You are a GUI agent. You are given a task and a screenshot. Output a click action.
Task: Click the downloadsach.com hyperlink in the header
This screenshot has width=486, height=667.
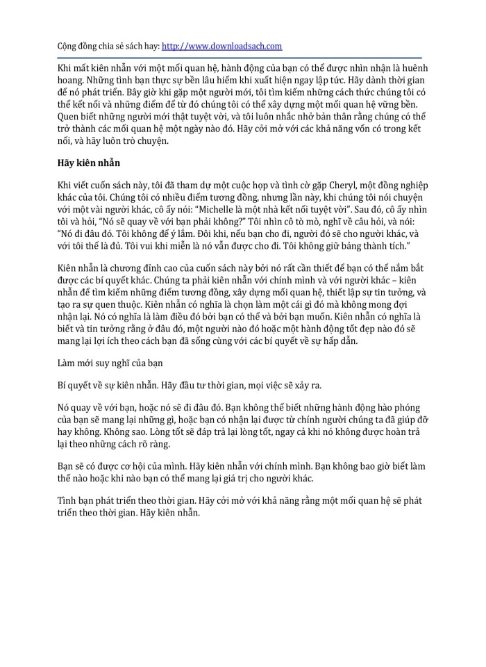coord(221,46)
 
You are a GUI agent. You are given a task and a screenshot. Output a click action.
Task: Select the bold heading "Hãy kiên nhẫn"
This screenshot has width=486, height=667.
coord(89,163)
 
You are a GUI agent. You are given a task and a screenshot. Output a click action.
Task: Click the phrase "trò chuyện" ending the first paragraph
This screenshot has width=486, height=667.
coord(144,140)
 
